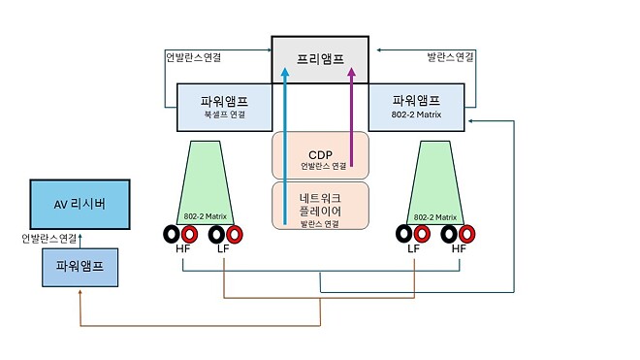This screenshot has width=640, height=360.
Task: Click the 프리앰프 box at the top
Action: (320, 58)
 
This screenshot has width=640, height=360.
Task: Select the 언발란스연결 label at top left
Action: (194, 57)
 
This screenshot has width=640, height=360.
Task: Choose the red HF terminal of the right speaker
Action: (467, 234)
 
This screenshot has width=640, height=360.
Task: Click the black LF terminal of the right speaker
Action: (404, 234)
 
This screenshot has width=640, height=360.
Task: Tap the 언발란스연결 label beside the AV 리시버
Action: (49, 238)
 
